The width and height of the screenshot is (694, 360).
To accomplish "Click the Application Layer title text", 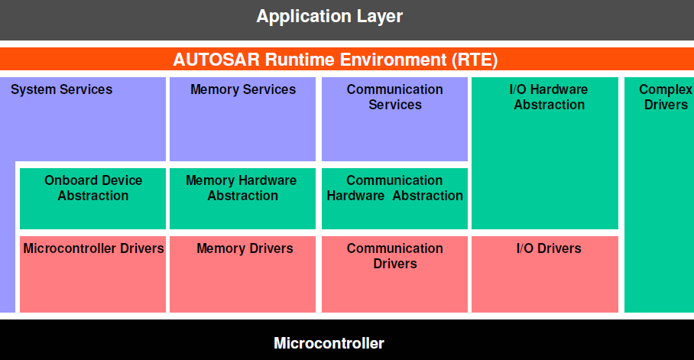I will pyautogui.click(x=329, y=16).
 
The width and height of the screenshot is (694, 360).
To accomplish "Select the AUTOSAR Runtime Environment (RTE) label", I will pyautogui.click(x=336, y=60).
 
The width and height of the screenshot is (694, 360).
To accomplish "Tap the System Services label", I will pyautogui.click(x=61, y=89).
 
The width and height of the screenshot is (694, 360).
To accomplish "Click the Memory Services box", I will pyautogui.click(x=242, y=118).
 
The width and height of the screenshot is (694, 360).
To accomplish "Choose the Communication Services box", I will pyautogui.click(x=394, y=118).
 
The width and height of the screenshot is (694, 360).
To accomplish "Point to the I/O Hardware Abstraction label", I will pyautogui.click(x=549, y=97).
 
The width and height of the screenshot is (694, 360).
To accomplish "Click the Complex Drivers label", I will pyautogui.click(x=665, y=97).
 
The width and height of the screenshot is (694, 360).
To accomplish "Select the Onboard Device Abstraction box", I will pyautogui.click(x=92, y=198).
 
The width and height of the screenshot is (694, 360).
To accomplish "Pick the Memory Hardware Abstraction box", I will pyautogui.click(x=242, y=198).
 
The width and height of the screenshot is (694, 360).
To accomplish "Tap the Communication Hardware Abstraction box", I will pyautogui.click(x=394, y=198).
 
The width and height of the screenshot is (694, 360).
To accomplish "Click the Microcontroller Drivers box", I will pyautogui.click(x=92, y=274).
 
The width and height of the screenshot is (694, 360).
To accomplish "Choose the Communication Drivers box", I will pyautogui.click(x=394, y=274).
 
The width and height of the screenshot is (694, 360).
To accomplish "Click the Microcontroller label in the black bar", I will pyautogui.click(x=329, y=343).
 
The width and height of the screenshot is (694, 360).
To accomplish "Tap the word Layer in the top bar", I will pyautogui.click(x=378, y=16).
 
